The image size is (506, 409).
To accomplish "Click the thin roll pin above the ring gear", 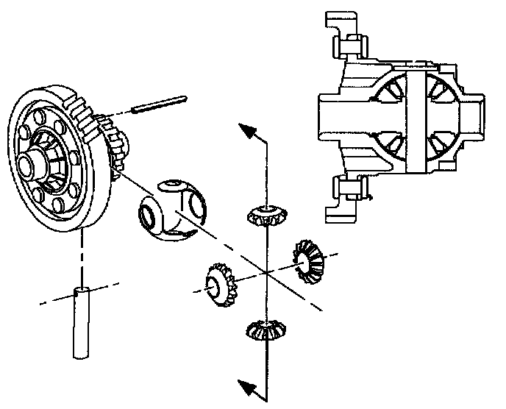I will pyautogui.click(x=160, y=104).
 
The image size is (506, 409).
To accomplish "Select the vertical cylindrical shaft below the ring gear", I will pyautogui.click(x=81, y=324).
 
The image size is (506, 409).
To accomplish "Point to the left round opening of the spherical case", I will pyautogui.click(x=146, y=216).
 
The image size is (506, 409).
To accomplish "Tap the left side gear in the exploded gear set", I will pyautogui.click(x=217, y=283).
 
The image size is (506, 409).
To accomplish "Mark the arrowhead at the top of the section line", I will pyautogui.click(x=251, y=132).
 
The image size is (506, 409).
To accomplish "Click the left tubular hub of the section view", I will pyautogui.click(x=335, y=118).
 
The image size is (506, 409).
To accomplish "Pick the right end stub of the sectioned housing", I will pyautogui.click(x=475, y=118).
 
